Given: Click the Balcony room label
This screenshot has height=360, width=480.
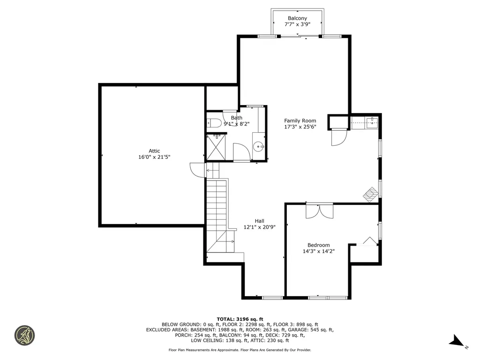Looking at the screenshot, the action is coord(297,18).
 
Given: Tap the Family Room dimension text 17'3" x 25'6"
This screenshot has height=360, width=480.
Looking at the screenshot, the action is coord(300,127).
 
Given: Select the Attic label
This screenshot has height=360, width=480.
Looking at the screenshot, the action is coord(154,151).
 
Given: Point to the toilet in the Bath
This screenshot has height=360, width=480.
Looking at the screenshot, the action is coord(214,123).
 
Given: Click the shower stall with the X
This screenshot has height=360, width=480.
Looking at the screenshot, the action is coord(216,147).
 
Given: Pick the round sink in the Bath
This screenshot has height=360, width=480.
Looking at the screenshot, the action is coord(259,147).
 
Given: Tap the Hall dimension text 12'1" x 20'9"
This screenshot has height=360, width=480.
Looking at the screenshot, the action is coord(260,227).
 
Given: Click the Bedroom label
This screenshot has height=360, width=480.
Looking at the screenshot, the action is coord(319,245).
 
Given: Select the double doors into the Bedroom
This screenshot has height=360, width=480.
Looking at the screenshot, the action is coord(319,211).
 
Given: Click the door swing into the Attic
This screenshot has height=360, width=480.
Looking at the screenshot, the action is coord(197,170).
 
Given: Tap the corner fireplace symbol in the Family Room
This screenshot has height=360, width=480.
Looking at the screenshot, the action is coord(371,195).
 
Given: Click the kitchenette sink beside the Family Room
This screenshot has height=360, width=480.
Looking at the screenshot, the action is coord(372,123).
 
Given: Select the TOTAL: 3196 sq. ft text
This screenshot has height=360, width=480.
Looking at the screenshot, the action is coord(240,319).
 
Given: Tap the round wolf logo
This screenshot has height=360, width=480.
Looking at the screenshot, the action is coord(24,336).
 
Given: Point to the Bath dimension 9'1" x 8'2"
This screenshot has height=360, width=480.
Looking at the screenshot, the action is coord(237,124).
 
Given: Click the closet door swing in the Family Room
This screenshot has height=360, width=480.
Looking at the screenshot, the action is coord(339,137).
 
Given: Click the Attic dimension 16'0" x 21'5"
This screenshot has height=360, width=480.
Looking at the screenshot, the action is coord(154,157).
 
